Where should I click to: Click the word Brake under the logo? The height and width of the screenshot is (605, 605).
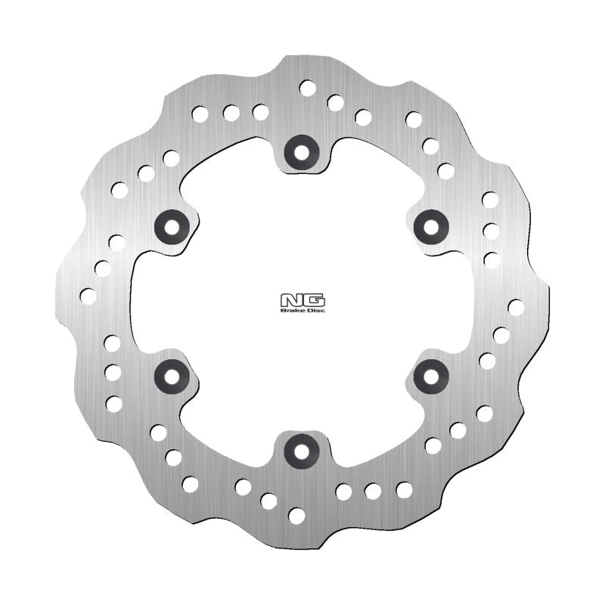(292, 309)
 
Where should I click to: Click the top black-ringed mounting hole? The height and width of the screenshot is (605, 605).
(302, 153)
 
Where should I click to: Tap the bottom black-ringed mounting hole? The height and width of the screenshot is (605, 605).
(302, 451)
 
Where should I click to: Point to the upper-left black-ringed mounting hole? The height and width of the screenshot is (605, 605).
(171, 225)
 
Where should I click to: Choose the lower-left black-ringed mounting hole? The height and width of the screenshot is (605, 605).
(171, 375)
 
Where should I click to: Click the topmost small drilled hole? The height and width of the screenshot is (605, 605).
(308, 88)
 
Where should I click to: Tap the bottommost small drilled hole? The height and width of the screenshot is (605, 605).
(296, 516)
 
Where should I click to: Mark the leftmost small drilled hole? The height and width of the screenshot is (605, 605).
(88, 296)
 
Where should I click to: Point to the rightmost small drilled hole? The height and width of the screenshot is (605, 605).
(516, 307)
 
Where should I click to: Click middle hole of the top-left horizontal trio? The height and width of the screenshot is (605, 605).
(231, 113)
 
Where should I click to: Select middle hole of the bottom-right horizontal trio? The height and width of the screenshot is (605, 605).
(373, 492)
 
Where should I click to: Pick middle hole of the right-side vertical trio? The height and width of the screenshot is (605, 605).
(491, 231)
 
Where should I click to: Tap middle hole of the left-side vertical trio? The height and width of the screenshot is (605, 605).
(113, 372)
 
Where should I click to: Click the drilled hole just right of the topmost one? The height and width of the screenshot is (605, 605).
(336, 103)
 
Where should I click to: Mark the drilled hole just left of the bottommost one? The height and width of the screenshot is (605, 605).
(268, 501)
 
